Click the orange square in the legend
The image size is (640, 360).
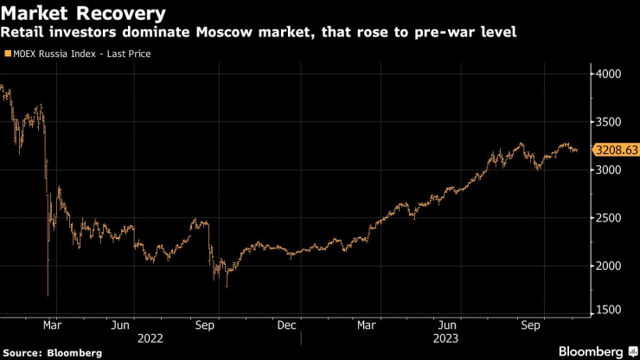click(x=9, y=54)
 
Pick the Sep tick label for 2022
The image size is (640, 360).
click(x=204, y=325)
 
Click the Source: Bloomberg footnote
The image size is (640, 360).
click(x=52, y=352)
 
